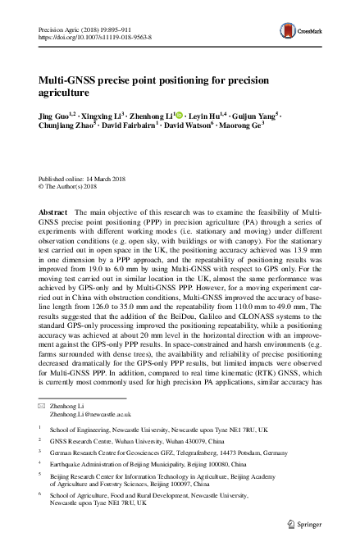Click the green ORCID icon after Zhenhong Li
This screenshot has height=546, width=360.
click(179, 116)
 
